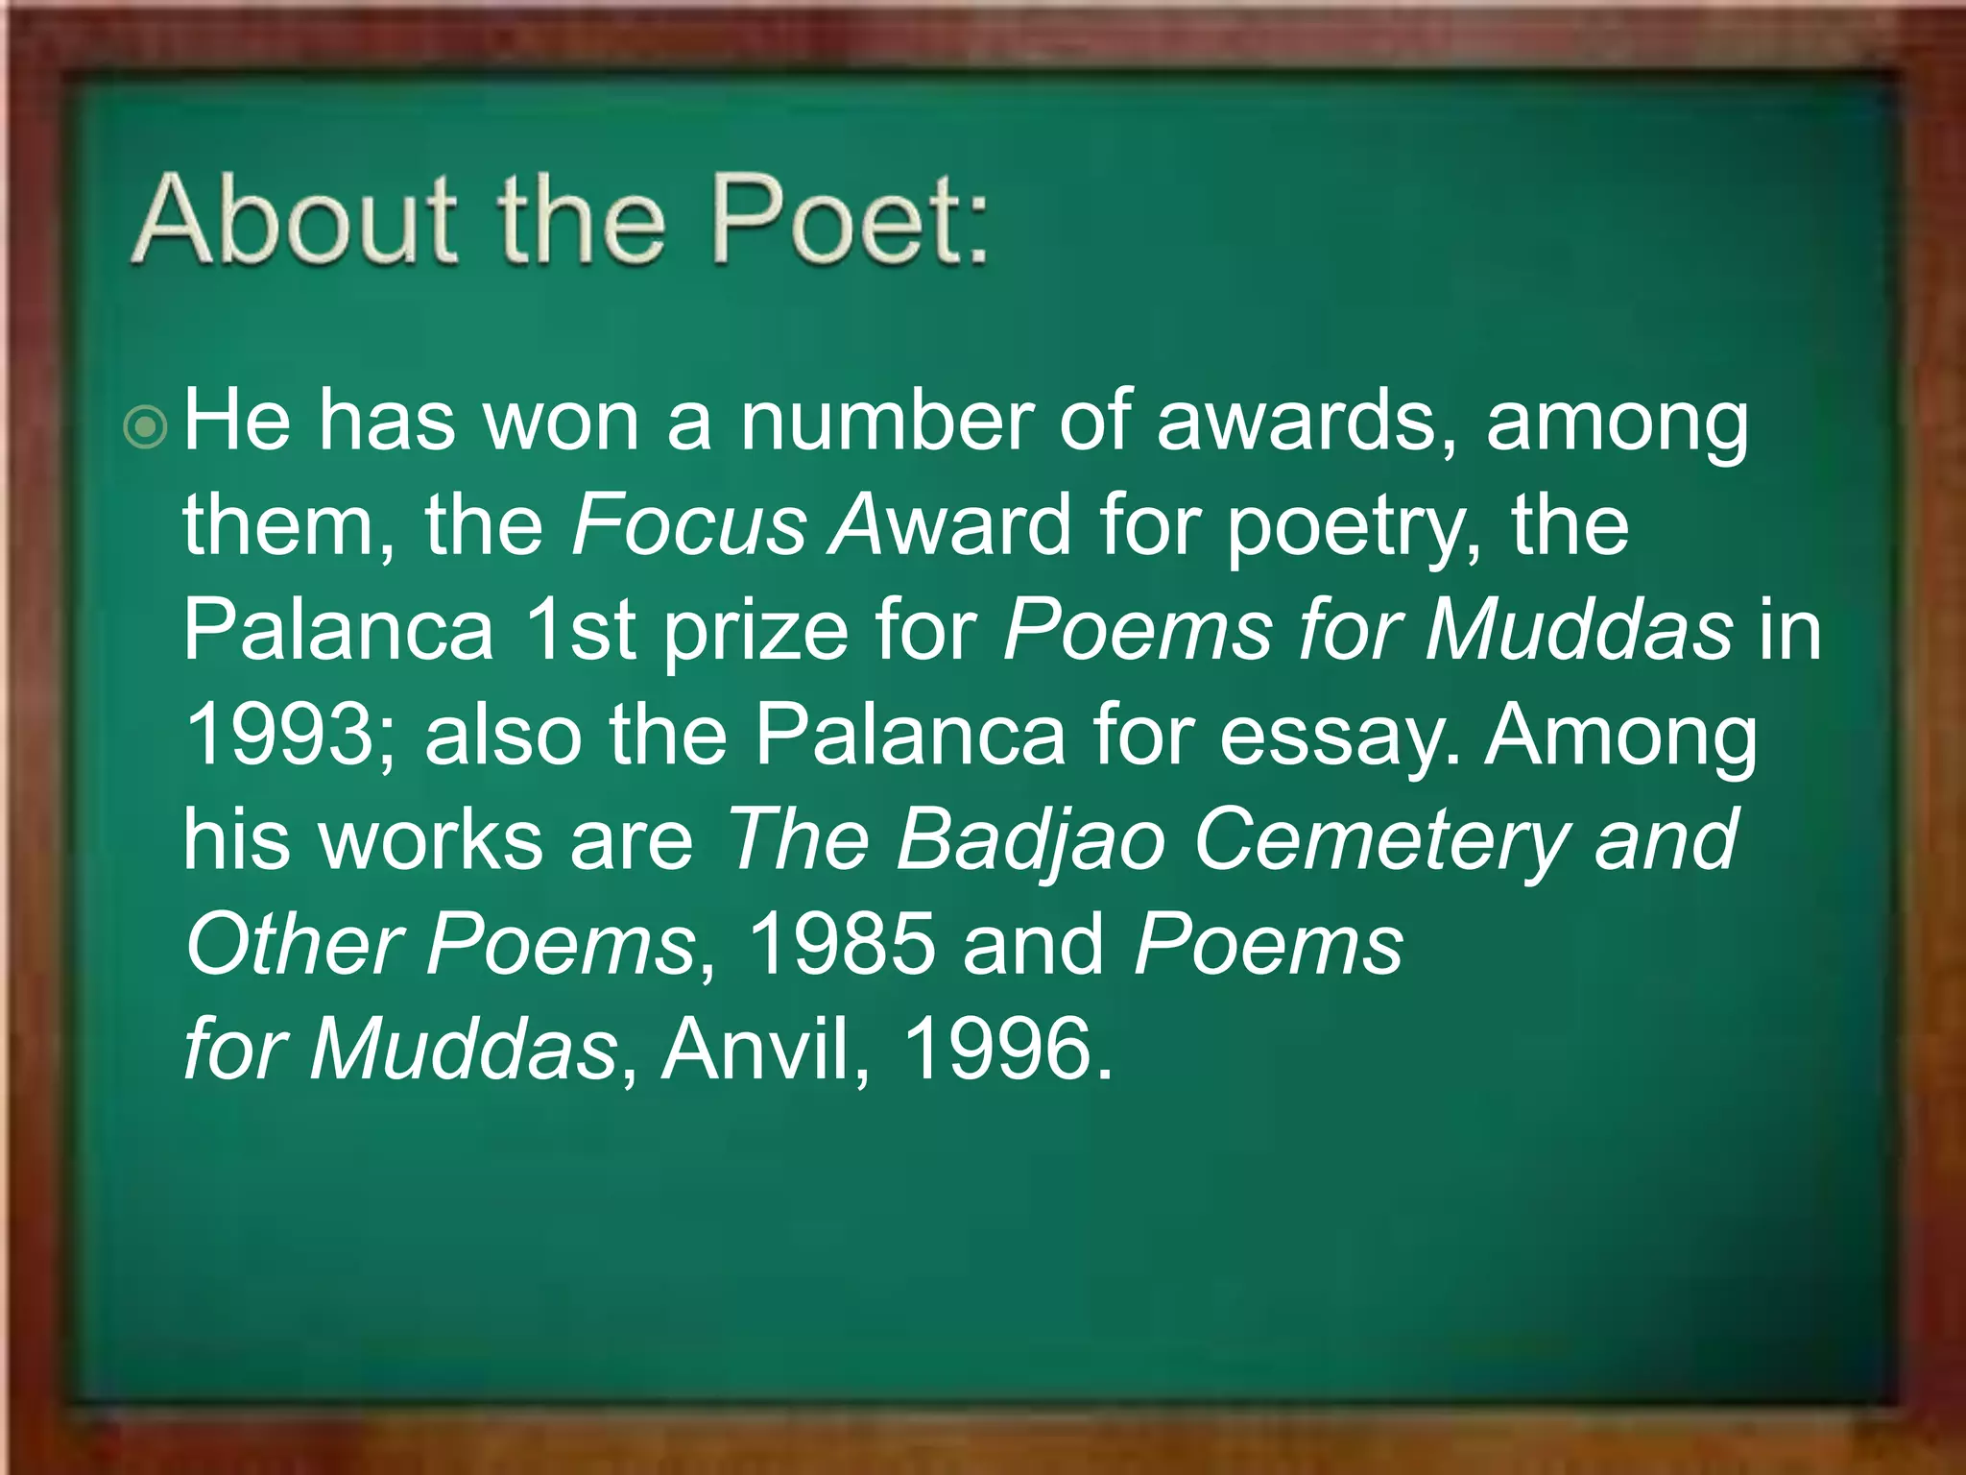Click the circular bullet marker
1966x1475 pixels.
coord(146,426)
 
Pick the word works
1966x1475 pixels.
coord(431,839)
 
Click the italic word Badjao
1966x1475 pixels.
coord(1031,841)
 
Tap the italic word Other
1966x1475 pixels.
coord(293,944)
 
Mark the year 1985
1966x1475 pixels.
coord(840,944)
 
